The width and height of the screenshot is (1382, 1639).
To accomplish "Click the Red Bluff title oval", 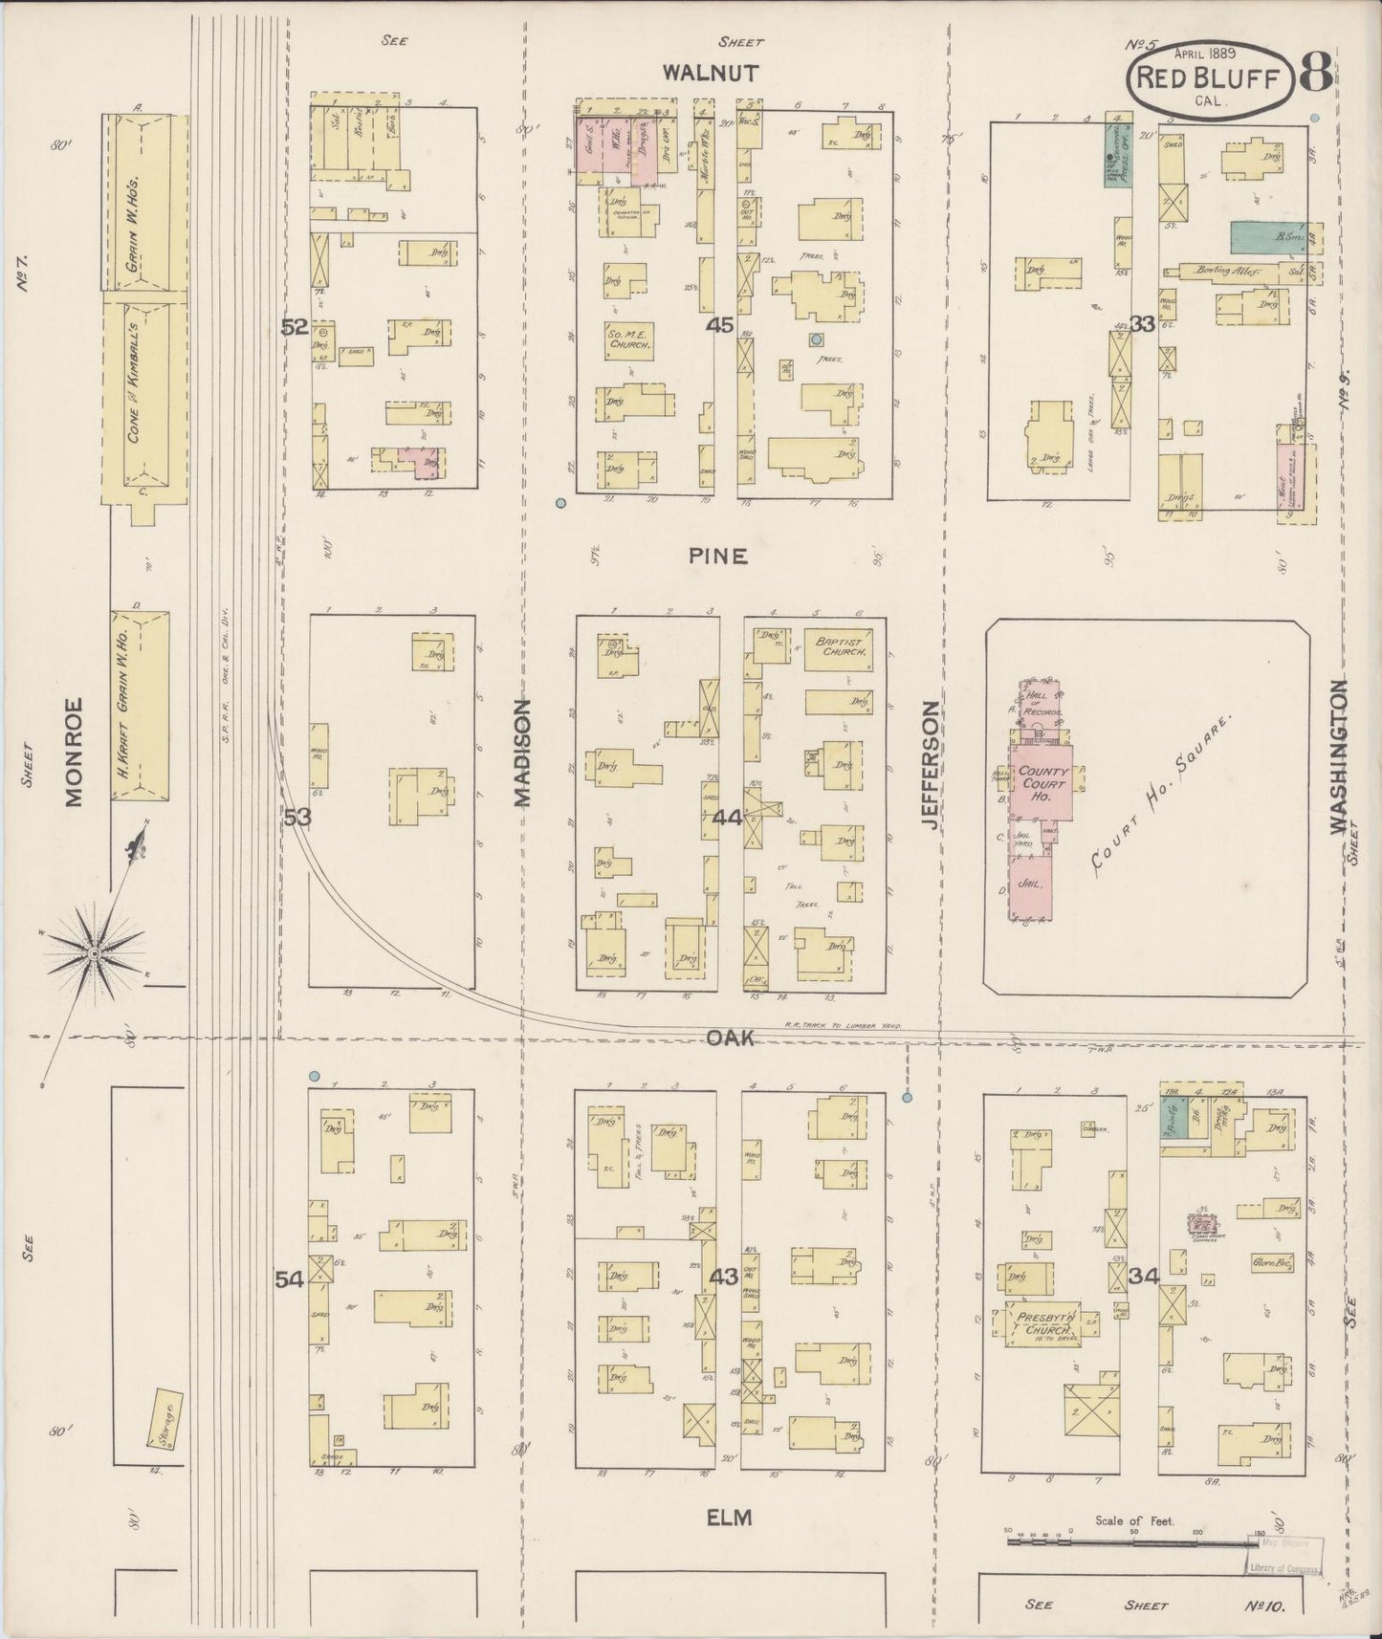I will [x=1207, y=79].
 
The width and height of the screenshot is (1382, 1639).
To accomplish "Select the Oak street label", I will [x=731, y=1038].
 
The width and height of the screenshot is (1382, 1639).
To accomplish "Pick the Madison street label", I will [x=523, y=753].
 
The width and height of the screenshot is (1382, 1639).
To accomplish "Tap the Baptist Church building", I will [x=838, y=645].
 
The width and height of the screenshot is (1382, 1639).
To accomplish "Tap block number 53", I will [x=297, y=817].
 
